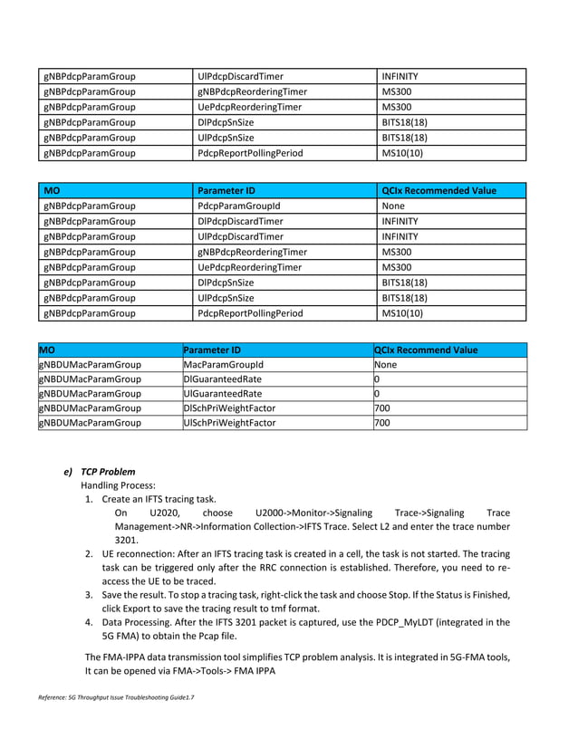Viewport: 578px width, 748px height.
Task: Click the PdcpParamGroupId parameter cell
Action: [232, 206]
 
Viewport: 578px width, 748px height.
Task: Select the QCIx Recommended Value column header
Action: [439, 190]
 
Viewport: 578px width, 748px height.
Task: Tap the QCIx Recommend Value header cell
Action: [426, 350]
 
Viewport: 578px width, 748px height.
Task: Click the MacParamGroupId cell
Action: [223, 365]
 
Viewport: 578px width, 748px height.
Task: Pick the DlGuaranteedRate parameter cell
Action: [223, 379]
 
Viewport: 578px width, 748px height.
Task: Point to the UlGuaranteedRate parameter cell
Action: [223, 394]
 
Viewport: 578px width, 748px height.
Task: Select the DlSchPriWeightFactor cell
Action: [230, 408]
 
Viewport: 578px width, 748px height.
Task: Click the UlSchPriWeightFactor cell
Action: [230, 423]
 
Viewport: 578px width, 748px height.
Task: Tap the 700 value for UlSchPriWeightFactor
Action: [382, 423]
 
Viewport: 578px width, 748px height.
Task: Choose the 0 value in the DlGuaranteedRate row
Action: [377, 379]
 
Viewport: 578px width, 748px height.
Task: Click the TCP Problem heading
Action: [108, 472]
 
